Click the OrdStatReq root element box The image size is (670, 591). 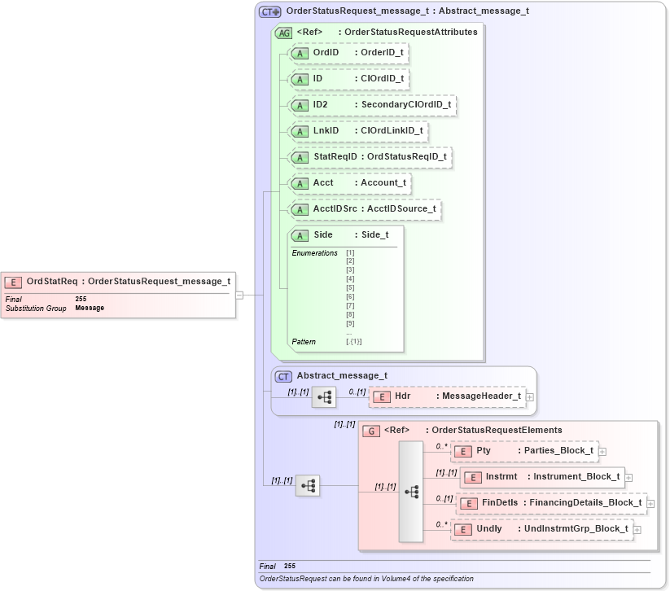119,282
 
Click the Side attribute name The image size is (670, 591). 323,234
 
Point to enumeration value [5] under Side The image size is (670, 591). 350,287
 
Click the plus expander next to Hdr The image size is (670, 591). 530,396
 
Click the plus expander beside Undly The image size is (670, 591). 637,530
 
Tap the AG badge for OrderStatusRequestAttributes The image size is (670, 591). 284,33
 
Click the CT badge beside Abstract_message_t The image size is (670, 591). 283,376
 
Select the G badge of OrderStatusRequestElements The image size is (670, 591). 370,431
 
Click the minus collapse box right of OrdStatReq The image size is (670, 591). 239,295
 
